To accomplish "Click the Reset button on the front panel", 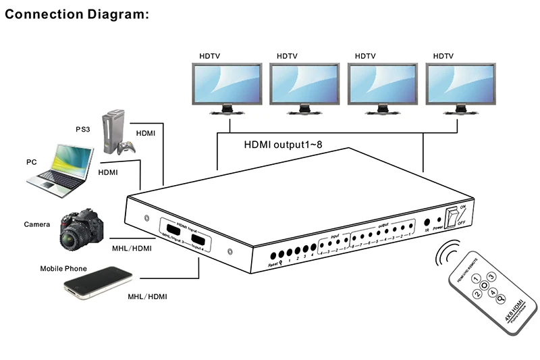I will point(273,257).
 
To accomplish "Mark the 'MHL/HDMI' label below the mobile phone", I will point(148,297).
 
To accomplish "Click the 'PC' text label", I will point(31,162).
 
